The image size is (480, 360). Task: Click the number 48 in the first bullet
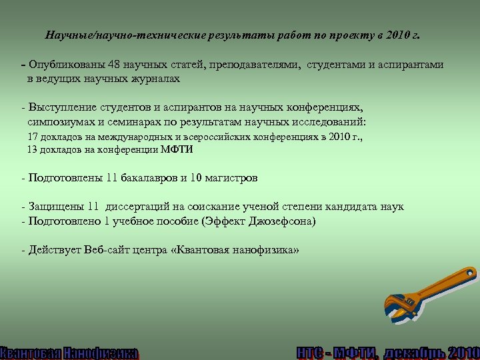pos(107,65)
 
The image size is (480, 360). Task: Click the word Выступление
pos(61,108)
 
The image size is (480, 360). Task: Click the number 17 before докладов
pos(32,136)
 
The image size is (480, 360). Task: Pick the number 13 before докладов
pos(32,149)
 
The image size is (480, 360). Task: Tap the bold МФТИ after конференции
pos(177,149)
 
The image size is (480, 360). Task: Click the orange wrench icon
pos(430,291)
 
